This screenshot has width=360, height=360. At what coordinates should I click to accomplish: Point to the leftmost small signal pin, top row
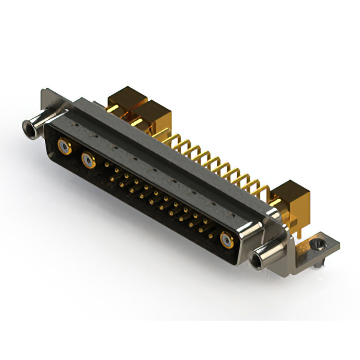107,165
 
